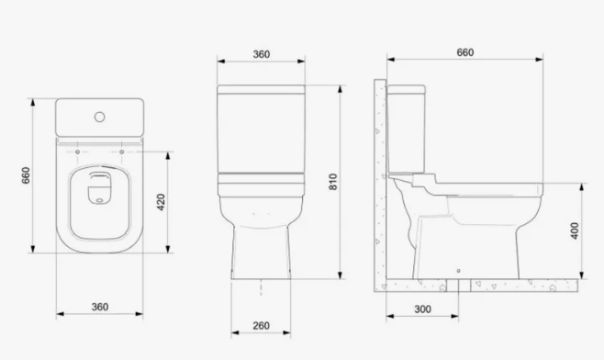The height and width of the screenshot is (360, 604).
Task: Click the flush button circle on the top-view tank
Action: [x=100, y=117]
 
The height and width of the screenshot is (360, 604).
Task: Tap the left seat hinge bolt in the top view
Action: [x=77, y=152]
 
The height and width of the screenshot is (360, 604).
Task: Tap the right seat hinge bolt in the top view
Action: [x=122, y=152]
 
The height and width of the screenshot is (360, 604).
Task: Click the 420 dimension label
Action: [x=162, y=202]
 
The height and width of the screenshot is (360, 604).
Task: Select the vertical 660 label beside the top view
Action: [x=26, y=175]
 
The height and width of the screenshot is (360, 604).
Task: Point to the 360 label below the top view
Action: [x=100, y=307]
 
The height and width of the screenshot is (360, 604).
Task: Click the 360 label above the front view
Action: [x=262, y=54]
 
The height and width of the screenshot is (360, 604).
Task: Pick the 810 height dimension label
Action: [x=333, y=182]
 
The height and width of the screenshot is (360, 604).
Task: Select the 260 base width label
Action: [x=262, y=326]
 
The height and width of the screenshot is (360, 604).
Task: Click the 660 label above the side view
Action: [x=465, y=52]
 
